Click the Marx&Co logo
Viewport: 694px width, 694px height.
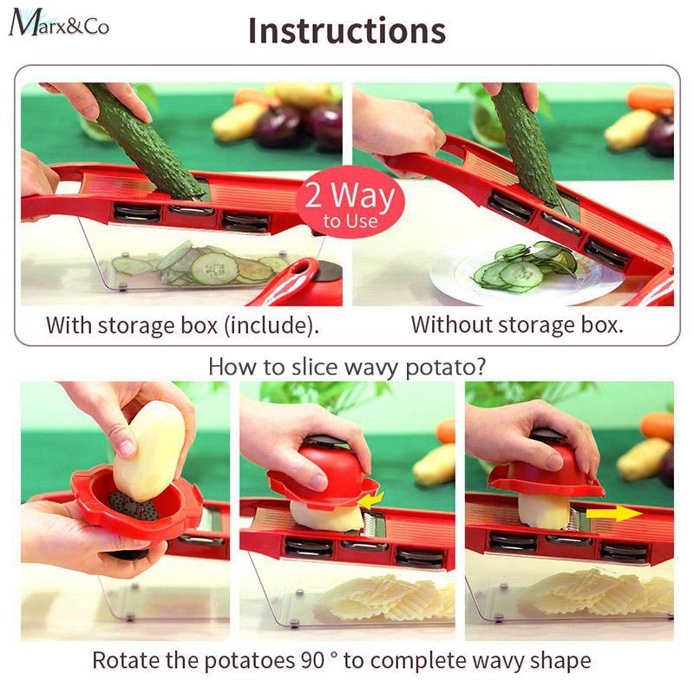point(59,23)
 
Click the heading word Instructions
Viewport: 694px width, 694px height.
point(347,30)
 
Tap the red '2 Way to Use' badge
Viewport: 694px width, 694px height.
point(350,202)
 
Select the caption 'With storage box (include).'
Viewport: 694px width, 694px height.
point(182,325)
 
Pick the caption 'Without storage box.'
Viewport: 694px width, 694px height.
point(517,324)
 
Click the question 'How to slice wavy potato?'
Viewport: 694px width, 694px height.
point(347,367)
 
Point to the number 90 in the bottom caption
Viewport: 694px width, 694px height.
point(313,660)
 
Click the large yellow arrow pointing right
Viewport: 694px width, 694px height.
point(614,514)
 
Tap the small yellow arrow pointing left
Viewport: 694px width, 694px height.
point(371,500)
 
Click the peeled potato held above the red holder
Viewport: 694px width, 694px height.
point(148,451)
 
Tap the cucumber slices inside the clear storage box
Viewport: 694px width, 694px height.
point(200,265)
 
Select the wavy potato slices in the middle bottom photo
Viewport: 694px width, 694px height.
point(385,598)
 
